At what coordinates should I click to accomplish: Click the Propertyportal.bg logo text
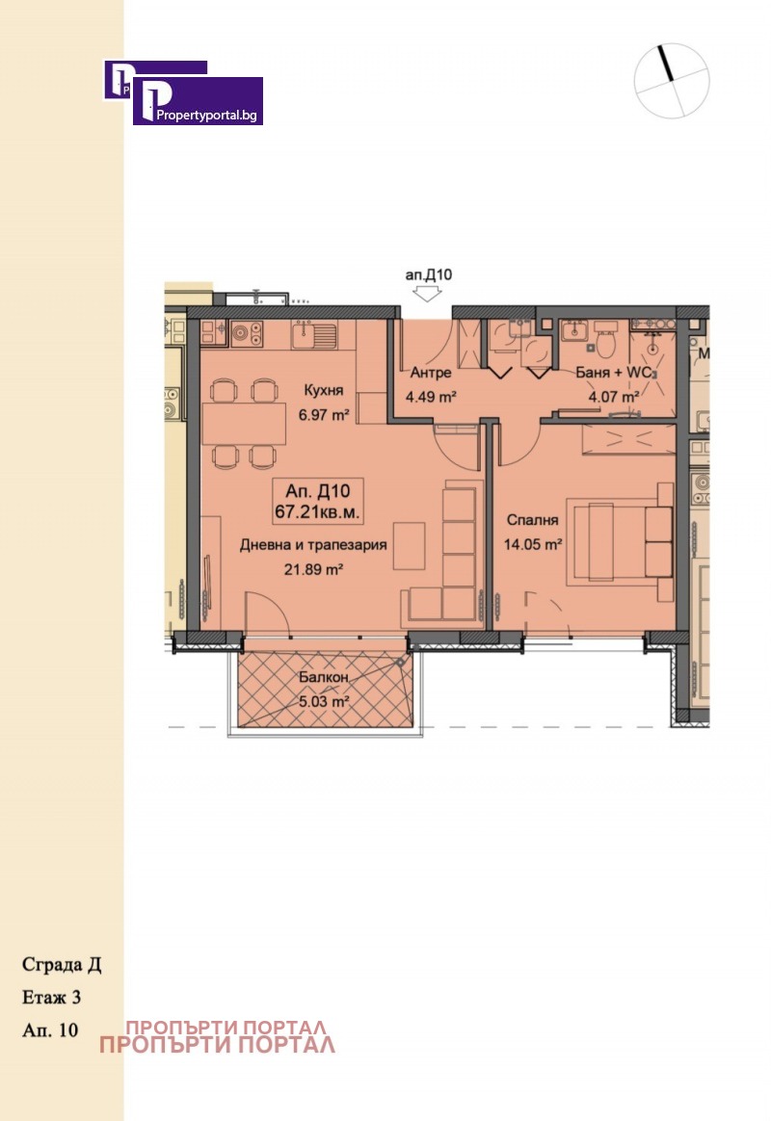206,116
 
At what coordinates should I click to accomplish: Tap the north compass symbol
672,80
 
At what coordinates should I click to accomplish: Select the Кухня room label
323,390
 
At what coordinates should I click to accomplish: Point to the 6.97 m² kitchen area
323,415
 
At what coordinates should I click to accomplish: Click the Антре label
431,373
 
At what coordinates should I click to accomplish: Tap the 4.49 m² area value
431,397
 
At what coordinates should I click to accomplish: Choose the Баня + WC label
614,373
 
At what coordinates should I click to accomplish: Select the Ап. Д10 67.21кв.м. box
317,501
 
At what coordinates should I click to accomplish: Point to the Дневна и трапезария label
312,545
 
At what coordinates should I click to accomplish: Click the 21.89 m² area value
313,570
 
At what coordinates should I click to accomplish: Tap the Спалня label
532,520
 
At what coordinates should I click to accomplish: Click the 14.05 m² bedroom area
532,545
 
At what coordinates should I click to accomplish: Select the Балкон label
323,677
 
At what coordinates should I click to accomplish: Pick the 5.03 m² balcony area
323,701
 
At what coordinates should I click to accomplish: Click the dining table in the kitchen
244,424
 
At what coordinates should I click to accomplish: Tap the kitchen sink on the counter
315,334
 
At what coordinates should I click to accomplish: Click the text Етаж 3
51,998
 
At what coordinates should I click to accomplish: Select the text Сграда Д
62,965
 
